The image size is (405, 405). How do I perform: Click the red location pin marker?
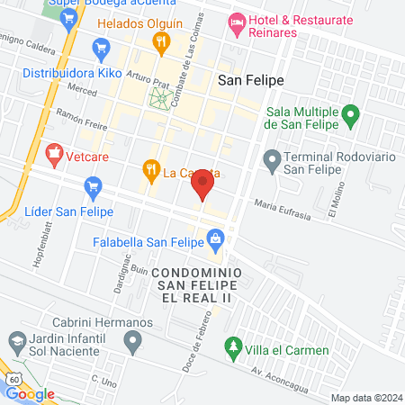click(x=202, y=187)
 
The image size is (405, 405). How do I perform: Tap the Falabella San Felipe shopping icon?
click(x=215, y=238)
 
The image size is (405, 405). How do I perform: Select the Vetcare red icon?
click(x=55, y=154)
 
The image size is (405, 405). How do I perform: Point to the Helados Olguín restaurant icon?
click(x=161, y=40)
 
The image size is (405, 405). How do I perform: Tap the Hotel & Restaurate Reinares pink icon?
click(x=238, y=21)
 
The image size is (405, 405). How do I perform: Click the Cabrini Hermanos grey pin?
click(x=133, y=340)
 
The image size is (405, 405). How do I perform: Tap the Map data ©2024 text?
click(x=364, y=398)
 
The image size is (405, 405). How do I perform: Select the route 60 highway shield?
click(x=14, y=380)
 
